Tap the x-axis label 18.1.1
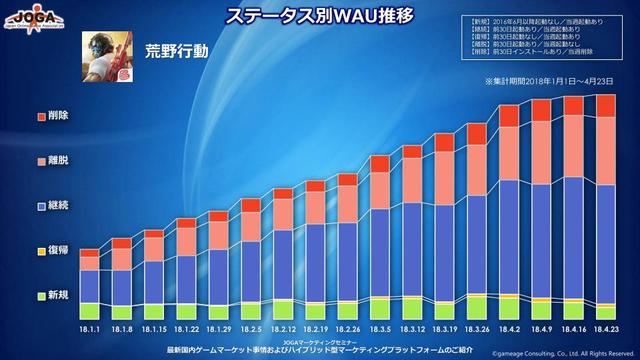click(90, 329)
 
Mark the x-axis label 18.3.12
click(413, 329)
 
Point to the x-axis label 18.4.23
click(606, 329)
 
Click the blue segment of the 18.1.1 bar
click(90, 285)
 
